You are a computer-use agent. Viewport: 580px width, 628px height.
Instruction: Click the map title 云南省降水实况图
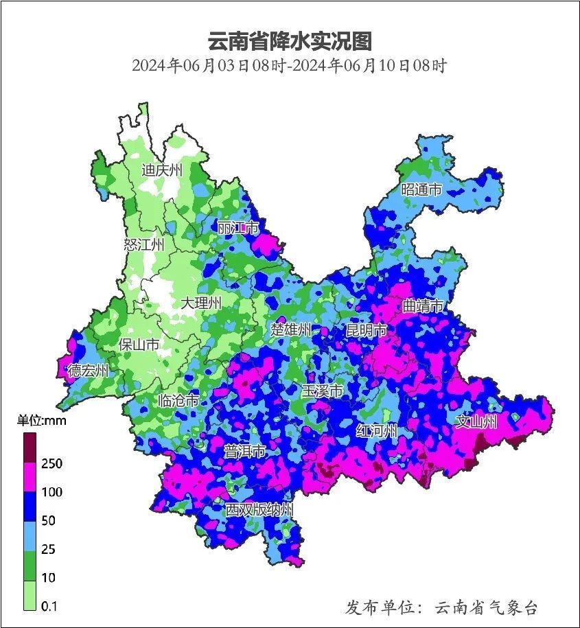(x=290, y=41)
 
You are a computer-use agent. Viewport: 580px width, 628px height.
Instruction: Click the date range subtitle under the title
(x=290, y=67)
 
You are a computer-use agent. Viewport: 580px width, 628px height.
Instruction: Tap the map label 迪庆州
(x=162, y=170)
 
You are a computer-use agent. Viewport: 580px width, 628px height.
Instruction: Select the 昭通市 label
(x=421, y=189)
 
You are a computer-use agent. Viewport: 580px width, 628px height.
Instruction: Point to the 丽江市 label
(x=237, y=227)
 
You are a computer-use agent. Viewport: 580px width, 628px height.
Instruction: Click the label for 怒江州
(x=144, y=245)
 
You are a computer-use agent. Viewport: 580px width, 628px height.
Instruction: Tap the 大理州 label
(x=201, y=303)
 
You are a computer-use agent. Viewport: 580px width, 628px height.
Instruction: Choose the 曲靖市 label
(x=423, y=306)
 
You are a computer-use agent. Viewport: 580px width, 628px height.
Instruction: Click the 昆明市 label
(x=366, y=331)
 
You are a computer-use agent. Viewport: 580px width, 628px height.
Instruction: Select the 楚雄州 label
(x=291, y=329)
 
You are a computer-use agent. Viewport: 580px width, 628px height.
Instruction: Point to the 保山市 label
(x=139, y=345)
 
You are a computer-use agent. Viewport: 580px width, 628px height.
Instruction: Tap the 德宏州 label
(x=88, y=371)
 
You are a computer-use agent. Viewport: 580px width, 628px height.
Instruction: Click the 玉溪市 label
(x=322, y=391)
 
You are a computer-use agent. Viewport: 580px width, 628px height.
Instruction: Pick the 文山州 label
(x=476, y=421)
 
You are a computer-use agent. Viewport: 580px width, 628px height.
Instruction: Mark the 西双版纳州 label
(x=260, y=510)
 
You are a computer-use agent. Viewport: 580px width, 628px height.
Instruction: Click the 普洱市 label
(x=245, y=452)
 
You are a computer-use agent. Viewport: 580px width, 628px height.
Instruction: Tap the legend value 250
(x=51, y=464)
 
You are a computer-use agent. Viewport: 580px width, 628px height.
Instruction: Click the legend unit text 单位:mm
(x=41, y=421)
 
